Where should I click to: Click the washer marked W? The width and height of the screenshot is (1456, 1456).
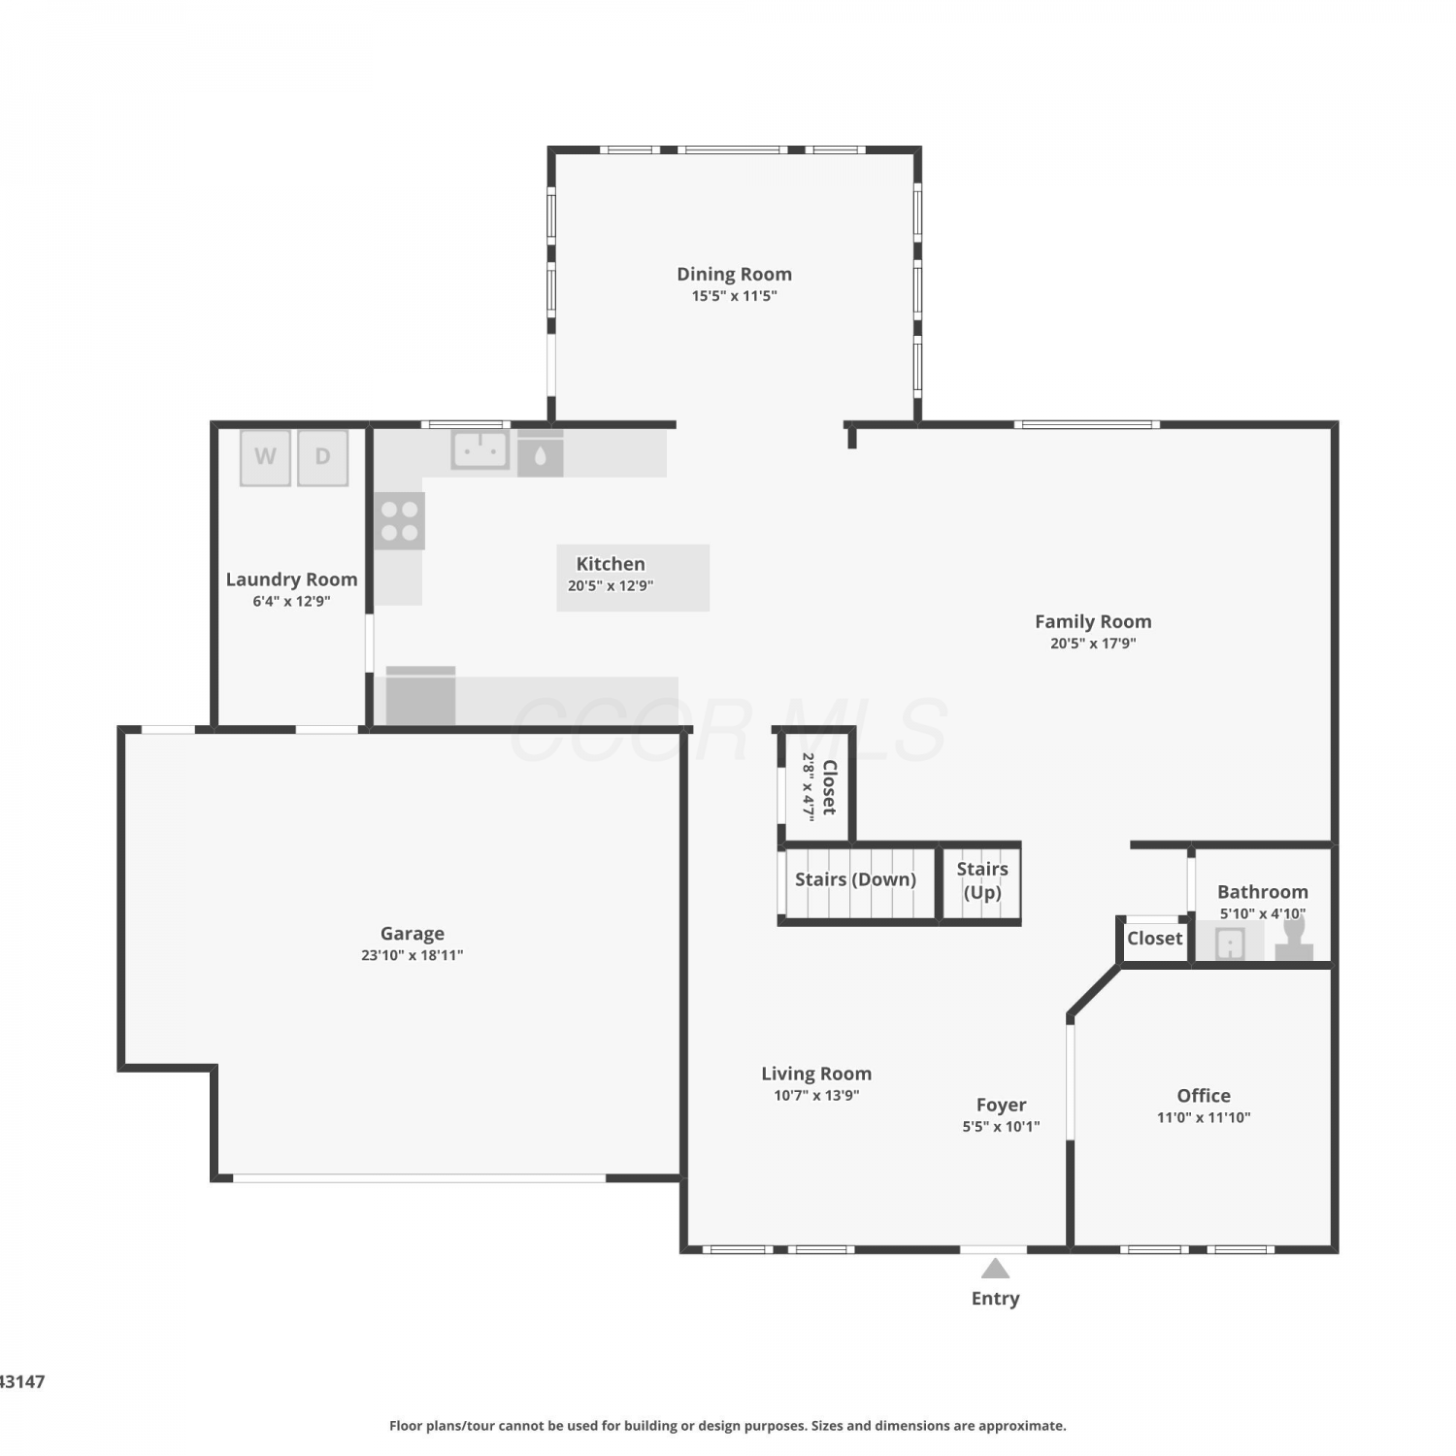(265, 457)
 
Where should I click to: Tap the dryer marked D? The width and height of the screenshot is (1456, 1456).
(322, 457)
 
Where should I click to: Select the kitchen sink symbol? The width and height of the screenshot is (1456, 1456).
(480, 450)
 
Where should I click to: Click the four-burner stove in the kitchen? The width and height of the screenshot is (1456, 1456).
(399, 521)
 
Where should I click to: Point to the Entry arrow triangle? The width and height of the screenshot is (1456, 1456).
(995, 1268)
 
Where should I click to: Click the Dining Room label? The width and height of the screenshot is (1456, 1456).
(734, 274)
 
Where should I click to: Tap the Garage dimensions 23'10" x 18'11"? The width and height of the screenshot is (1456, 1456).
(412, 955)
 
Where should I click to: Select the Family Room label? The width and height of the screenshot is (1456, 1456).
(1093, 621)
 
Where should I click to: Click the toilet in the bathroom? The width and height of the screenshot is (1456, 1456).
(1294, 941)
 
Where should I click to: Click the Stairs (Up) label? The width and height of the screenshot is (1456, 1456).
(982, 880)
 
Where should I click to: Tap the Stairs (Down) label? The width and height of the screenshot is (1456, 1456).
(855, 879)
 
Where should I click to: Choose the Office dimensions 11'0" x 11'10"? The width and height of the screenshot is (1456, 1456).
(1204, 1117)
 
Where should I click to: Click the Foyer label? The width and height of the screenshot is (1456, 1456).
(1001, 1105)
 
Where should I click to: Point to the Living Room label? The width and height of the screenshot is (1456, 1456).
(816, 1074)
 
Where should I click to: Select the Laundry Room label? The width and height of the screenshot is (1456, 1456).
(291, 579)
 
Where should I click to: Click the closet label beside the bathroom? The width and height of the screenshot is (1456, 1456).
(1155, 939)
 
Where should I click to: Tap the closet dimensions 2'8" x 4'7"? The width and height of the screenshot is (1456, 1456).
(808, 787)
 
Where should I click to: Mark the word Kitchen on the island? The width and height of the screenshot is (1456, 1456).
(611, 564)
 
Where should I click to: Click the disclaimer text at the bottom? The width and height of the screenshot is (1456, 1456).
(728, 1426)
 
